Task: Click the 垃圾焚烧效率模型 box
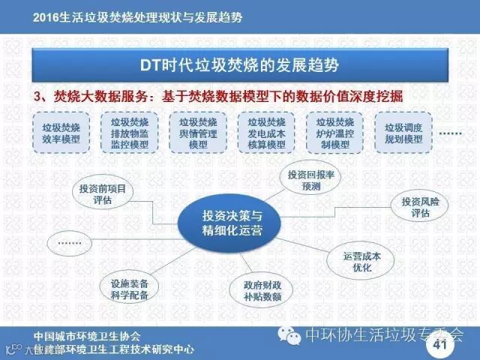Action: click(x=61, y=132)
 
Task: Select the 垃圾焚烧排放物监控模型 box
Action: click(x=129, y=132)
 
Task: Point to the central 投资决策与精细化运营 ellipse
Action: click(x=233, y=222)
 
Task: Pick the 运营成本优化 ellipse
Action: click(x=362, y=259)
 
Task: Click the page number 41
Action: click(x=439, y=346)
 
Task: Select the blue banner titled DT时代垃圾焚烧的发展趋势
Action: click(x=240, y=65)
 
